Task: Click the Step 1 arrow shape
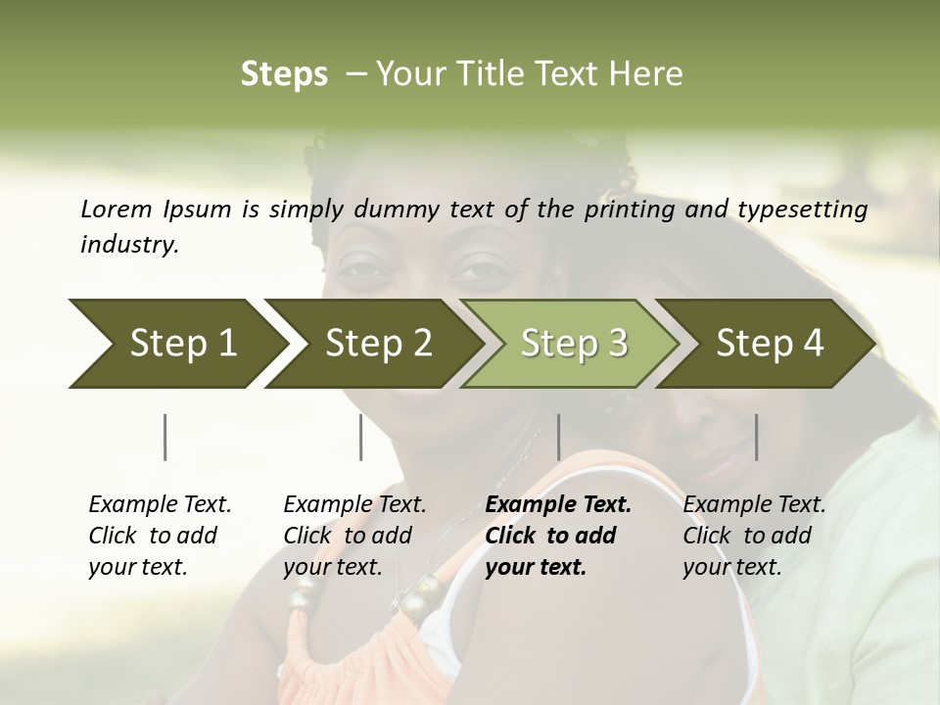pos(176,344)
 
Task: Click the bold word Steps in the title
pos(284,74)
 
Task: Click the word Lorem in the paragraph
pos(117,210)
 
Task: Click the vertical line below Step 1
pos(165,437)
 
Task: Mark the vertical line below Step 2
pos(361,437)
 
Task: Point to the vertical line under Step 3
pos(558,437)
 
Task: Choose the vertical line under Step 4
pos(757,437)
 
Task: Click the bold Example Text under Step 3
pos(558,505)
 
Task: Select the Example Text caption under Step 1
pos(160,505)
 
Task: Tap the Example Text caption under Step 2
pos(354,505)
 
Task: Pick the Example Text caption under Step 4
pos(754,505)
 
